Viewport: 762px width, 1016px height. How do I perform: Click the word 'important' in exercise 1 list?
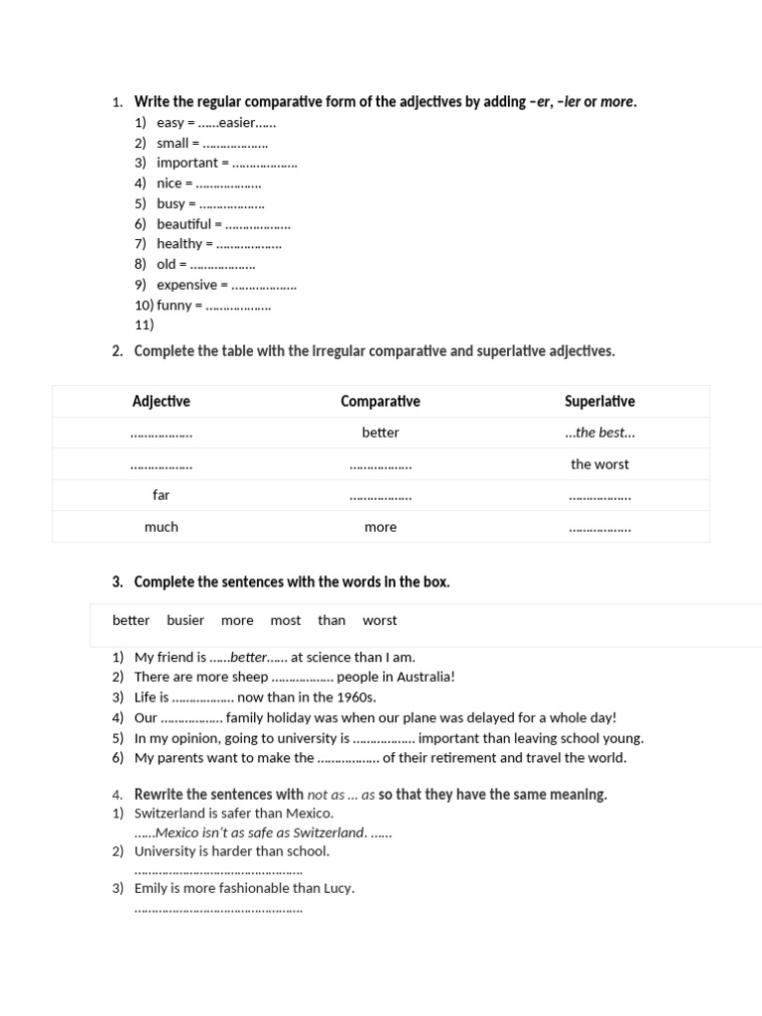point(187,163)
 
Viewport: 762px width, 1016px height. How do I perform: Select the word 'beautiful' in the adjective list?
point(184,224)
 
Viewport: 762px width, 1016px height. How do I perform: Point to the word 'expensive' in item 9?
point(187,285)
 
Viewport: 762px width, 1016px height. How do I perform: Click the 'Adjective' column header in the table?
point(161,402)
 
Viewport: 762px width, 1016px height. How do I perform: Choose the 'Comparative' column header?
point(380,402)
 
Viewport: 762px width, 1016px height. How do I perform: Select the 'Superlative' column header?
point(599,402)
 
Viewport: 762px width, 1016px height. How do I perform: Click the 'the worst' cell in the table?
point(599,464)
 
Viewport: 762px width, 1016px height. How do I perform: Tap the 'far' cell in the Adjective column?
point(161,495)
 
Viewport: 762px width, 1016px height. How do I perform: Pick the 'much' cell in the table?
point(161,527)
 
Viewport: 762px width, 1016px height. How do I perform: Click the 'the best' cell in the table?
point(599,433)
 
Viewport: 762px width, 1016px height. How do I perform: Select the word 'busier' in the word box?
point(186,620)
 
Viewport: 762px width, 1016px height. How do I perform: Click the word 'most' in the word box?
point(285,620)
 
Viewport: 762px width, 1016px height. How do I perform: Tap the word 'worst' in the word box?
point(379,620)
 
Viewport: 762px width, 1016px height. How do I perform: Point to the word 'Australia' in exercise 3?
point(425,677)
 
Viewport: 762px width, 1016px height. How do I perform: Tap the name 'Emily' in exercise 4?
point(151,888)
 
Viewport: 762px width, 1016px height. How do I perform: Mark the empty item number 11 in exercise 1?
point(144,324)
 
